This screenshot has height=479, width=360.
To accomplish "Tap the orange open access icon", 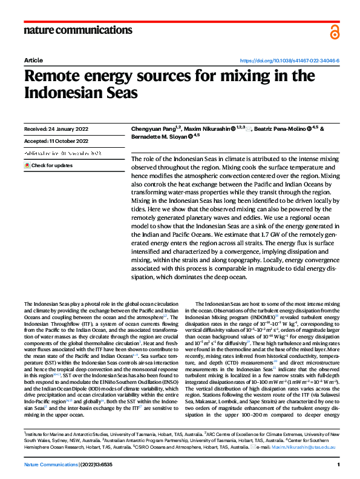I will click(x=335, y=31).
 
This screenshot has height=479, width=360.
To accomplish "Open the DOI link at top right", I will click(x=290, y=61).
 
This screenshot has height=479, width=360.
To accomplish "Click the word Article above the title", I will click(x=33, y=61).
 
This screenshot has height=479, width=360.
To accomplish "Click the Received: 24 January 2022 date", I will click(x=55, y=129).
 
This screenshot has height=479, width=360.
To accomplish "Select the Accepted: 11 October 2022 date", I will click(x=56, y=141).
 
